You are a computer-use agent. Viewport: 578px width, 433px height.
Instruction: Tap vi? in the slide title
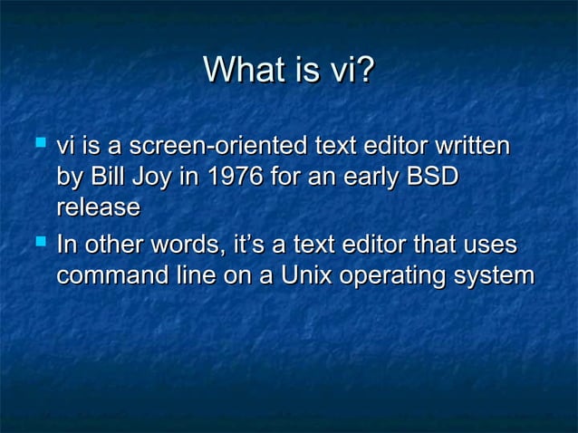(352, 71)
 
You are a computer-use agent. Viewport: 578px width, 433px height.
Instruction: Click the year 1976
(231, 177)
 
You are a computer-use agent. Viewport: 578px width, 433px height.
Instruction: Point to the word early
(368, 178)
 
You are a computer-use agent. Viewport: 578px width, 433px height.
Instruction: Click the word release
(98, 208)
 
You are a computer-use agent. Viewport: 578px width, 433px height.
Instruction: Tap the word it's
(251, 245)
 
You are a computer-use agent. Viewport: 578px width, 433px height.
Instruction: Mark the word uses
(487, 247)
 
